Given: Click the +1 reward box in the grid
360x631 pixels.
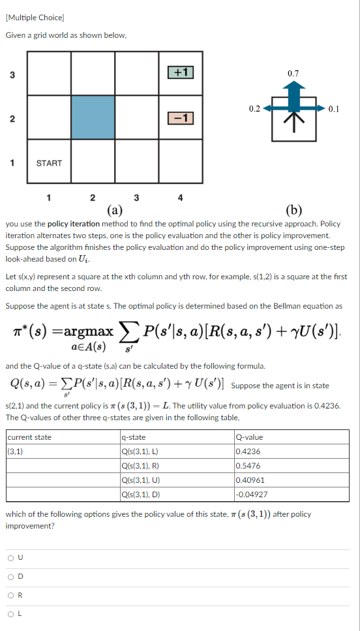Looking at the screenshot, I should coord(181,72).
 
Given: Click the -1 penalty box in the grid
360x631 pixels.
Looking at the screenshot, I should coord(181,117).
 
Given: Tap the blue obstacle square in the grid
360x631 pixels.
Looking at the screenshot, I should coord(92,117).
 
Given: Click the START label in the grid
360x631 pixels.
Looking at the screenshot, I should coord(49,162).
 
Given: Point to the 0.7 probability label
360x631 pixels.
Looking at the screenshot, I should coord(293,73).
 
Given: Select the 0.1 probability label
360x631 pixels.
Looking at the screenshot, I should coord(334,109).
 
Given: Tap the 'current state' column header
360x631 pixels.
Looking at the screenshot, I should coord(29,437).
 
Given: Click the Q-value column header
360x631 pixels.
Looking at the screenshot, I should coord(251,437).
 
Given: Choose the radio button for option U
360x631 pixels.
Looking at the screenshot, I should coord(11,558).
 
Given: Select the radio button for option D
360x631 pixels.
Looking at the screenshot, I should coord(11,576).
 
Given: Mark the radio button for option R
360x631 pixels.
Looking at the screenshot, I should coord(11,594).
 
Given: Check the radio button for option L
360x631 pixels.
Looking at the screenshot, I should coord(11,613).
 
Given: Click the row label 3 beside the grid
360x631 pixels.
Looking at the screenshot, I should coord(12,74).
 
